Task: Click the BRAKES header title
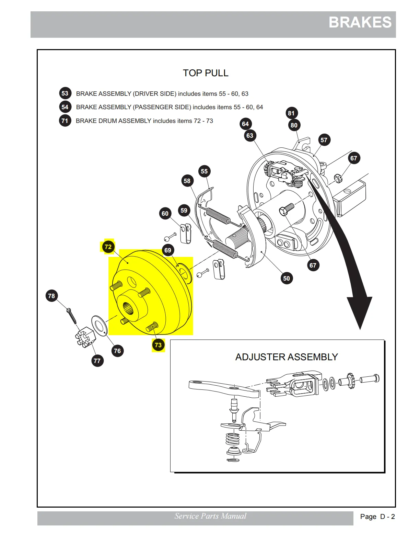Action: [360, 23]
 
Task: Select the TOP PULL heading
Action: [205, 73]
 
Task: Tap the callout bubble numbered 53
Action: [65, 93]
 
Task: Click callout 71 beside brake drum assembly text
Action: [65, 121]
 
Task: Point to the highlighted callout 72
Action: [108, 247]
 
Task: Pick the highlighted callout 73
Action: [158, 345]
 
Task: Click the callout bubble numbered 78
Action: [51, 296]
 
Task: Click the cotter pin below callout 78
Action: [71, 315]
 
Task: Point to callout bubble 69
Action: [167, 250]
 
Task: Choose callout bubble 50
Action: [287, 278]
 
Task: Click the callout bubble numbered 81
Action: [291, 113]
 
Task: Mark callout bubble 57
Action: [324, 140]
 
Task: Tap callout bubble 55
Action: [204, 171]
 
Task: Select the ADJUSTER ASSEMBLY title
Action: [287, 357]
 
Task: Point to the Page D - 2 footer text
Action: [377, 517]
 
